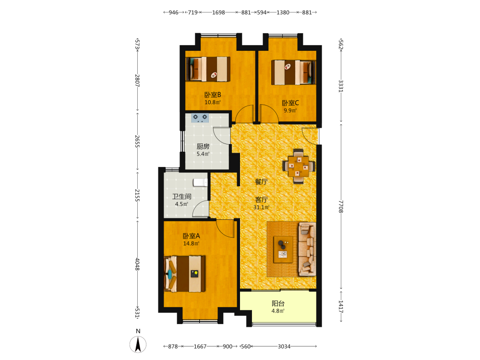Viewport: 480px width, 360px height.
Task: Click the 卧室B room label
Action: click(213, 95)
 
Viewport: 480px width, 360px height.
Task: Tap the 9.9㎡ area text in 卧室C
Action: click(290, 110)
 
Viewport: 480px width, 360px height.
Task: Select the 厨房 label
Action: click(203, 146)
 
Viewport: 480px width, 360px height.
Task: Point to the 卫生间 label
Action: click(181, 196)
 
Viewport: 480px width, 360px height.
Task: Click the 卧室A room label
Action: click(192, 236)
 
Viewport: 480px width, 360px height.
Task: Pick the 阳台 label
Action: click(278, 303)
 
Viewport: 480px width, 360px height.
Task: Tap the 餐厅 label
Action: click(262, 181)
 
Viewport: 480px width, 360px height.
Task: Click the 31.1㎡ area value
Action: click(261, 207)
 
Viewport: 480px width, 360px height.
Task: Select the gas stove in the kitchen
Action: click(200, 118)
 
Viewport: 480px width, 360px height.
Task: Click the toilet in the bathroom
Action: click(200, 182)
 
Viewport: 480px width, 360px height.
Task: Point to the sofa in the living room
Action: click(307, 249)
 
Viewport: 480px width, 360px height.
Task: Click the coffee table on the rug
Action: click(283, 250)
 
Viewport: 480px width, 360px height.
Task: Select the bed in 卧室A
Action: click(185, 274)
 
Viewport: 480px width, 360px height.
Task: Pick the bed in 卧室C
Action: click(293, 72)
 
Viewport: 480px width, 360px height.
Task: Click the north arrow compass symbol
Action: click(138, 344)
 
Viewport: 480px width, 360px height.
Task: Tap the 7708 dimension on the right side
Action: click(341, 206)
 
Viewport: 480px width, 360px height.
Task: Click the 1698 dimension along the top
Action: click(218, 12)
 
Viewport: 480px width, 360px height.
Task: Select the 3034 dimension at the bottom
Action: click(284, 347)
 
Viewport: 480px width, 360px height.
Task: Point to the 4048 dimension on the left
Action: click(137, 264)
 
